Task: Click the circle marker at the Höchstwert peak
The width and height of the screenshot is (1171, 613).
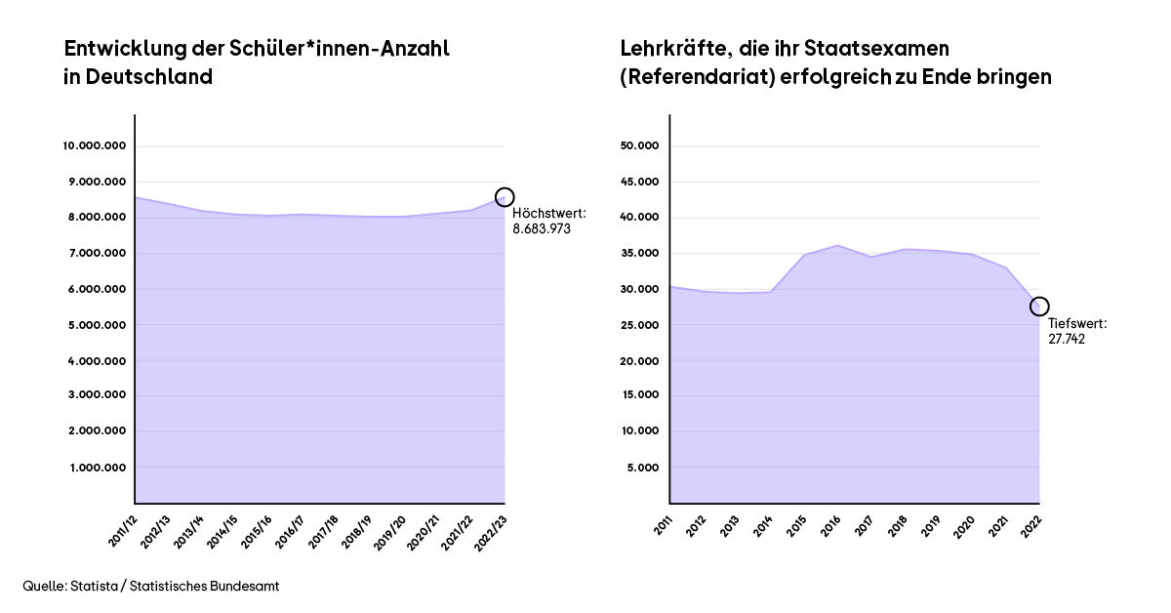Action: coord(505,197)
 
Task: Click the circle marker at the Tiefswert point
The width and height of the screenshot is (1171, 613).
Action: coord(1039,306)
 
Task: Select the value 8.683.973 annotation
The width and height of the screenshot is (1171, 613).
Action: coord(542,228)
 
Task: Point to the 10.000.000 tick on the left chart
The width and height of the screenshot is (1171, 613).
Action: coord(95,146)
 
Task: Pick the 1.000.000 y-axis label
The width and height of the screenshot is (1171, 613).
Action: coord(97,468)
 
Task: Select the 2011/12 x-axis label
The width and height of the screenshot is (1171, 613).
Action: coord(124,527)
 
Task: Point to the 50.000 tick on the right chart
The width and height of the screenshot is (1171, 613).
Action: coord(640,146)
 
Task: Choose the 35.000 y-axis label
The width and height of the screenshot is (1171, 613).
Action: coord(640,254)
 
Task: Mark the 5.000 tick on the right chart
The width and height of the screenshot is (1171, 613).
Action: coord(643,468)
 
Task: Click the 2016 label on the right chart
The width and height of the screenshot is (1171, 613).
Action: coord(831,524)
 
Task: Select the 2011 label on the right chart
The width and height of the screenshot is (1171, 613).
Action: coord(664,524)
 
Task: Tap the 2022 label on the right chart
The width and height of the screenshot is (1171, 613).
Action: coord(1032,524)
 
